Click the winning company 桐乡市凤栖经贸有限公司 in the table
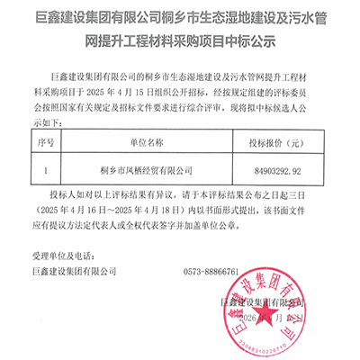tap(147, 168)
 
